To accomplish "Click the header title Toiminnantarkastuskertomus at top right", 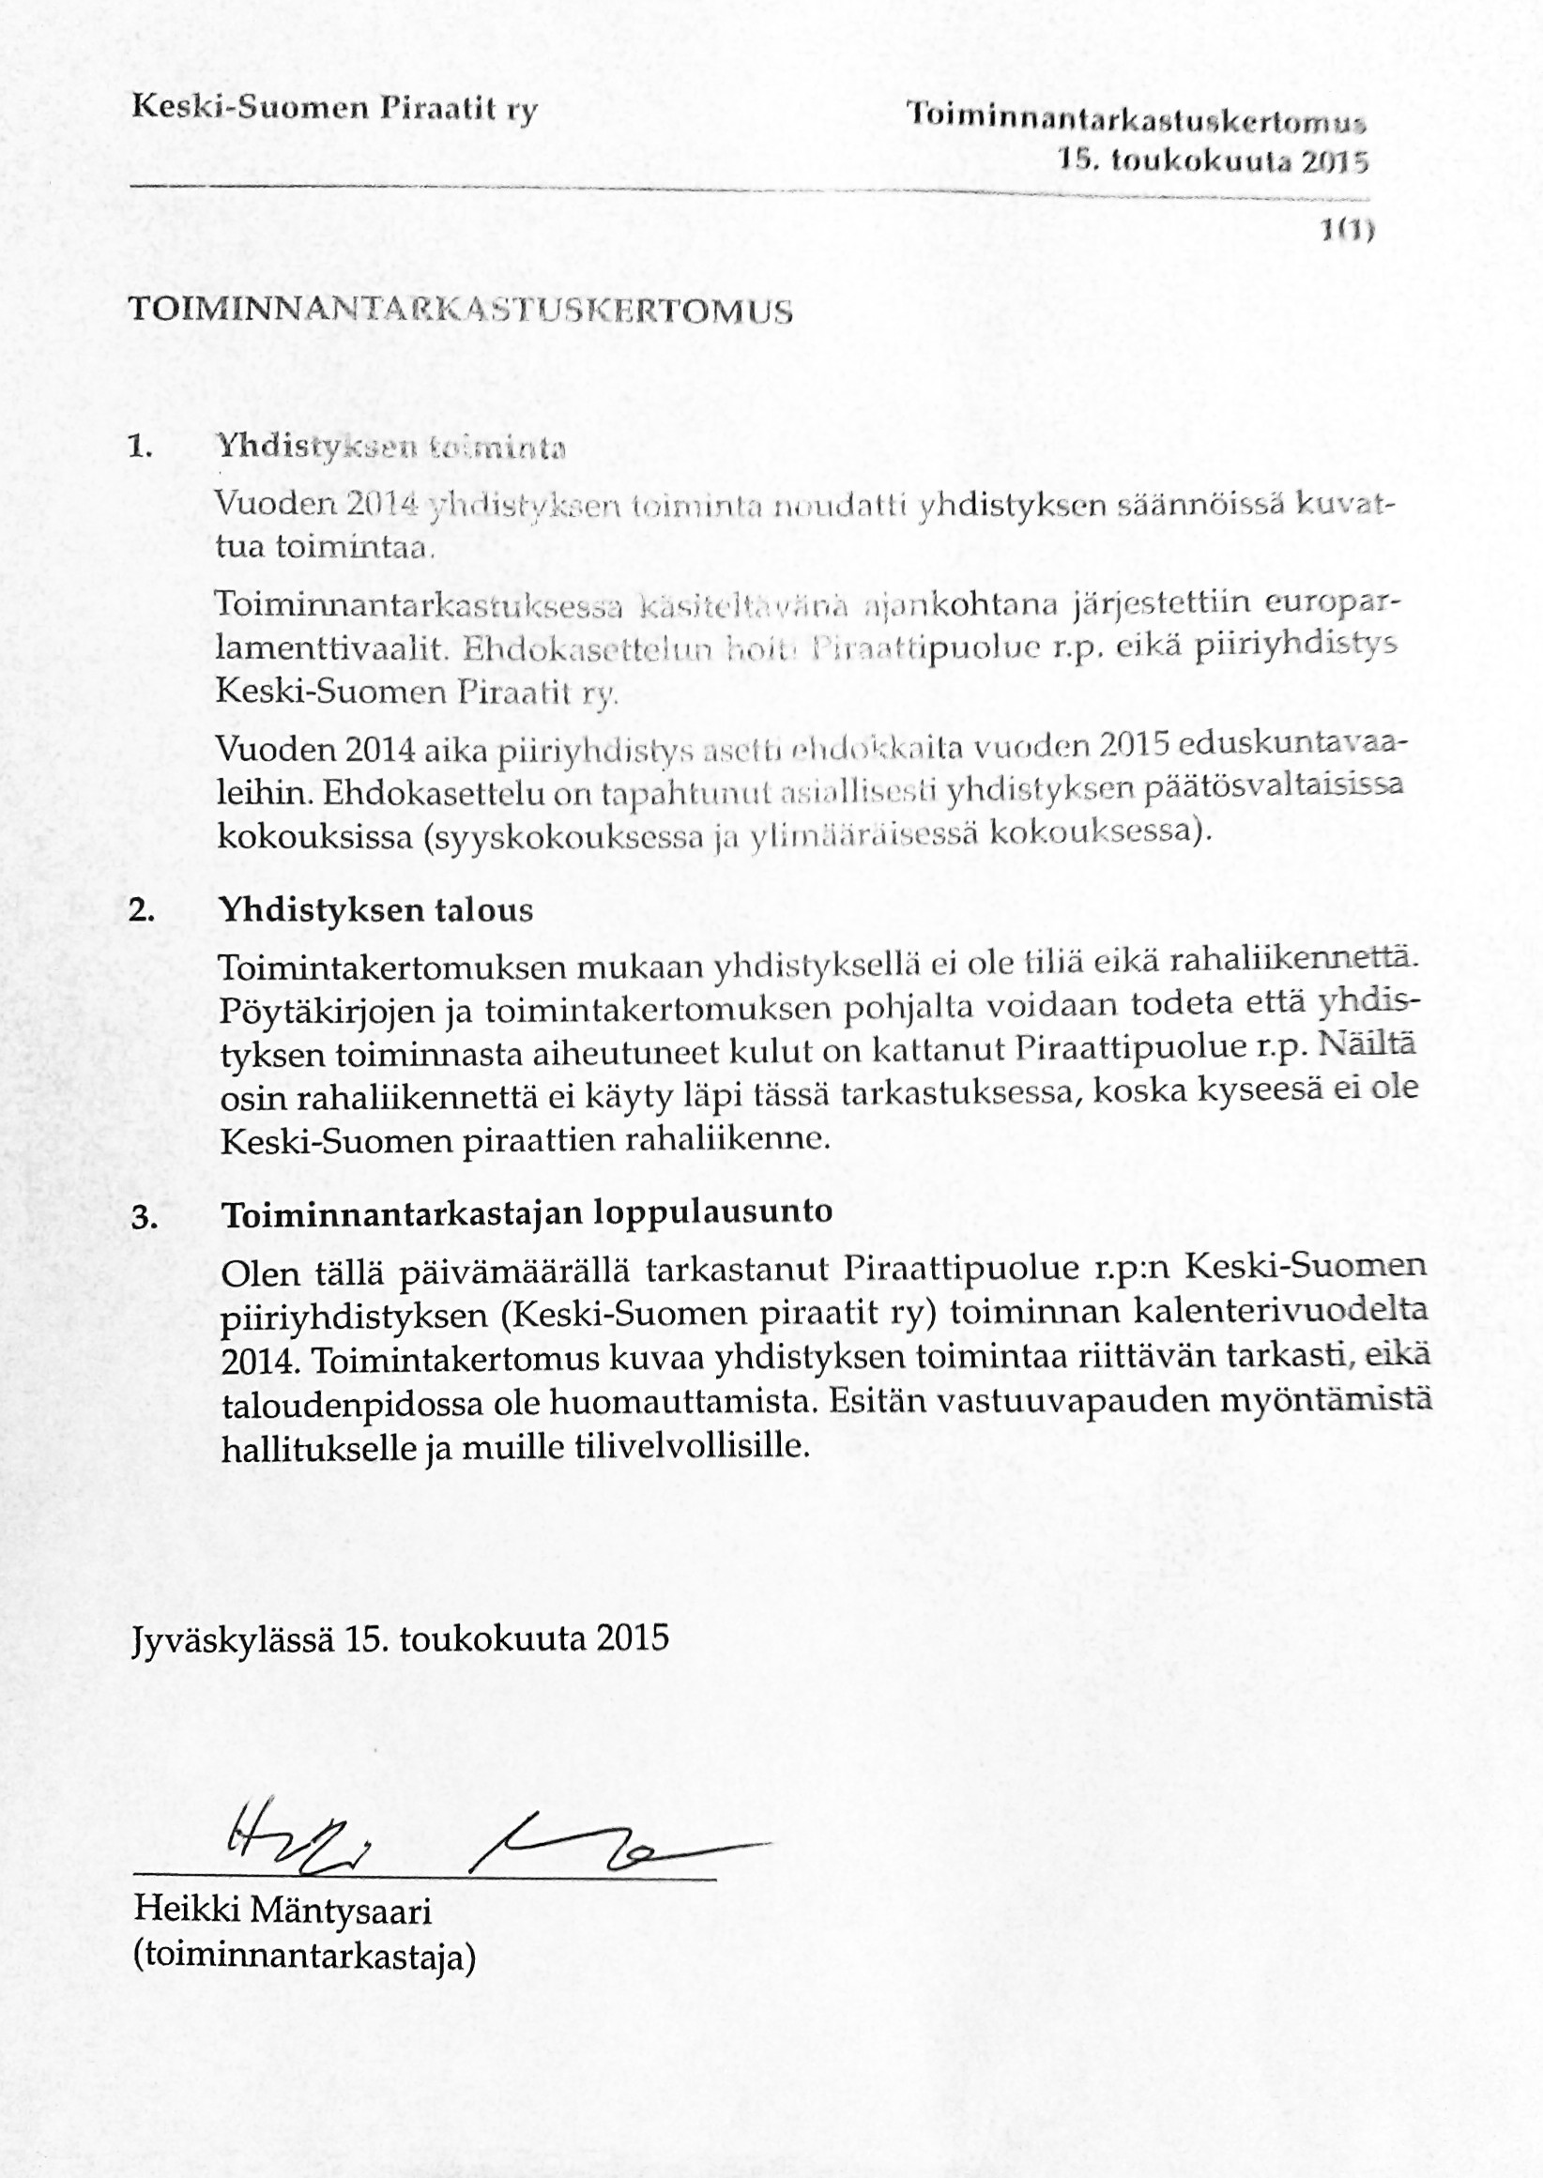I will [1136, 118].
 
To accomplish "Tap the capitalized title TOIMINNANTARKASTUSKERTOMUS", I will [460, 311].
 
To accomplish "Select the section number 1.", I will [140, 447].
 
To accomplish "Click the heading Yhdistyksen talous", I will [376, 910].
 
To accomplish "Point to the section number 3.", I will [145, 1218].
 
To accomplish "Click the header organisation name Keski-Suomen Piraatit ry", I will [334, 107].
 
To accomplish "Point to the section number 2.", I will [142, 910].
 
